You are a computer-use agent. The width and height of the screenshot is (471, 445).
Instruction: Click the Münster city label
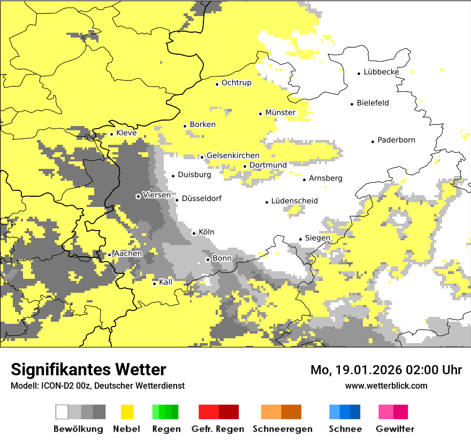(x=280, y=113)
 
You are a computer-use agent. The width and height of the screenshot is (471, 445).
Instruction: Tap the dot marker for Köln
(x=194, y=233)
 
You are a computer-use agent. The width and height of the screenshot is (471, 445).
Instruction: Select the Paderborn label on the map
(x=396, y=140)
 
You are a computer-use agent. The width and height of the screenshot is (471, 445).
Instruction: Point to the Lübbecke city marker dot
(x=359, y=73)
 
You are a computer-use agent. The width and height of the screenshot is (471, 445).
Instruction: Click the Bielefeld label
(x=373, y=103)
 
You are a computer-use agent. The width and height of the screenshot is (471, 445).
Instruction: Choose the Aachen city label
(x=127, y=254)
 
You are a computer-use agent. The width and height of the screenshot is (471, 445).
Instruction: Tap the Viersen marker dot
(x=138, y=196)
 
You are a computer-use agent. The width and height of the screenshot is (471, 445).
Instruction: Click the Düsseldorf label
(x=201, y=199)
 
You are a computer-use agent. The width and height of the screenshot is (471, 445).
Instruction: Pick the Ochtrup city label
(x=236, y=83)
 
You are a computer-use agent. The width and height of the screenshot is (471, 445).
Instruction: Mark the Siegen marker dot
(x=301, y=239)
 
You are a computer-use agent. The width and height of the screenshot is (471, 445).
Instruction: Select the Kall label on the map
(x=166, y=282)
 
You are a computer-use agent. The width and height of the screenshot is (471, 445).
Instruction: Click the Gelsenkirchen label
(x=233, y=156)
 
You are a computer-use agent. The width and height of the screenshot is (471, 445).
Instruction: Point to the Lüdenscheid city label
(x=294, y=201)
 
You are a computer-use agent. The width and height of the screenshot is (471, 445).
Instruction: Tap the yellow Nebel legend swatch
(x=127, y=412)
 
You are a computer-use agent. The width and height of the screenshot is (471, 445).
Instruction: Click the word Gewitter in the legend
(x=394, y=429)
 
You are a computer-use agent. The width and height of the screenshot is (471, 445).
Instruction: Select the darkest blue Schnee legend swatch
(x=355, y=412)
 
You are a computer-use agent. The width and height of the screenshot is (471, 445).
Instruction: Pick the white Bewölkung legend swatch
(x=62, y=412)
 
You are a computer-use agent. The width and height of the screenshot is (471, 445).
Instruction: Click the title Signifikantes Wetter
(x=88, y=370)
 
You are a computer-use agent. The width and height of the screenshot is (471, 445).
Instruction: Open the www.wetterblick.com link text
(x=386, y=386)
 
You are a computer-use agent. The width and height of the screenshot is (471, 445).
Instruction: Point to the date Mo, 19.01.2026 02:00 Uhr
(x=386, y=370)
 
